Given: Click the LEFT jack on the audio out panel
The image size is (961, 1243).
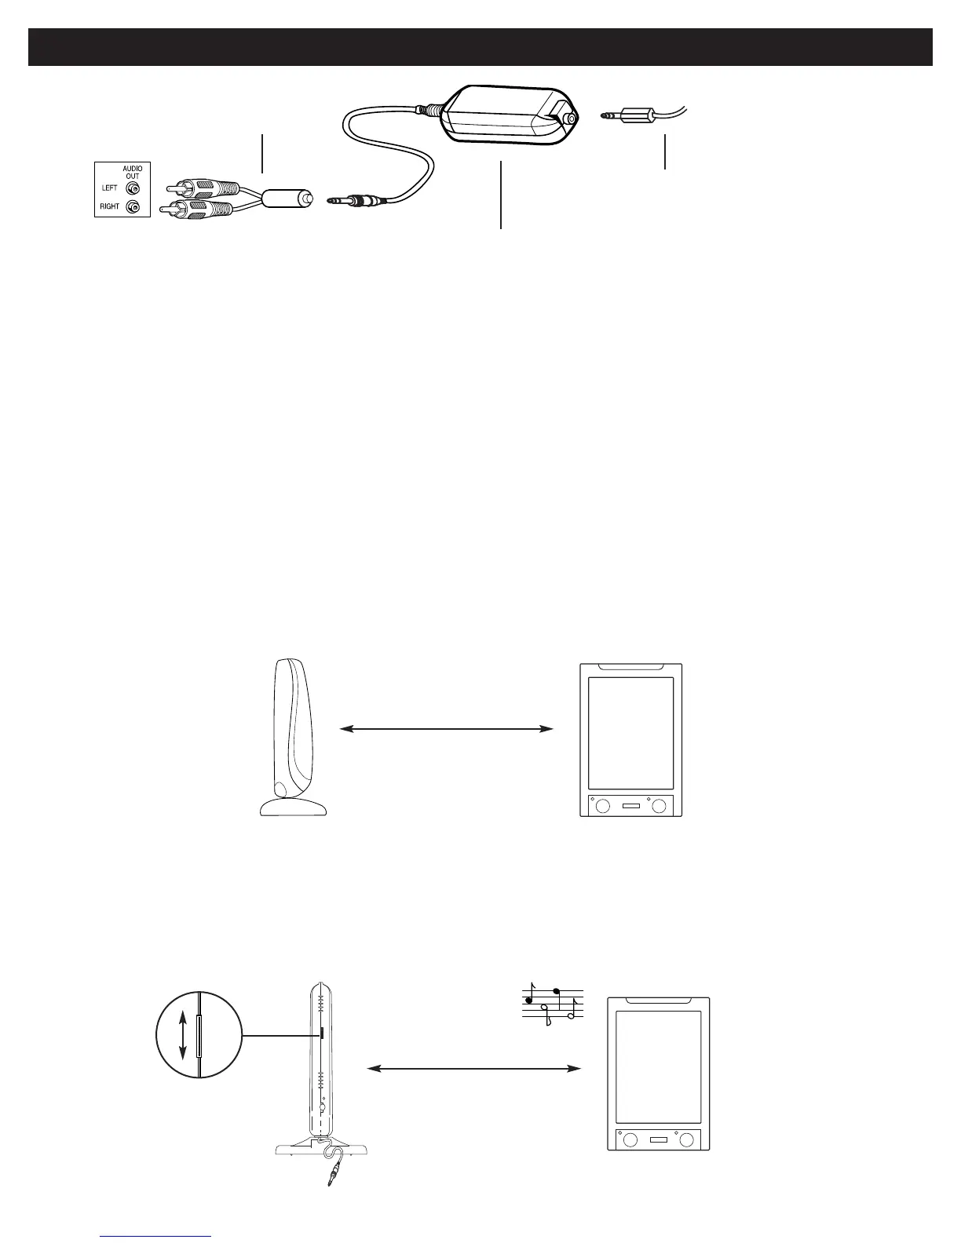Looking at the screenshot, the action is [133, 188].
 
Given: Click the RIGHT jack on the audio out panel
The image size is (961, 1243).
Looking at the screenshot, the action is [133, 207].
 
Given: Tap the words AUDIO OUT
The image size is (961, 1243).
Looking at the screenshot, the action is [132, 172].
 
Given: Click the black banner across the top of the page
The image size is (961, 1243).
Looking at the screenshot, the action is [480, 48].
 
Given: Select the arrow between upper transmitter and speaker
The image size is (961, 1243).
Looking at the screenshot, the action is [447, 729].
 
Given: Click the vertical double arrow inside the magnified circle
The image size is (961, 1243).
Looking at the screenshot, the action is [183, 1035].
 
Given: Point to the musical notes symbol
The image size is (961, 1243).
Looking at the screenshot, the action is [553, 1004].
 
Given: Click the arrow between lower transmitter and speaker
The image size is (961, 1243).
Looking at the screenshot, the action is [474, 1068].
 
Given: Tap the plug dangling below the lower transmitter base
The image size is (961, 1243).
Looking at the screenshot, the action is [333, 1174].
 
